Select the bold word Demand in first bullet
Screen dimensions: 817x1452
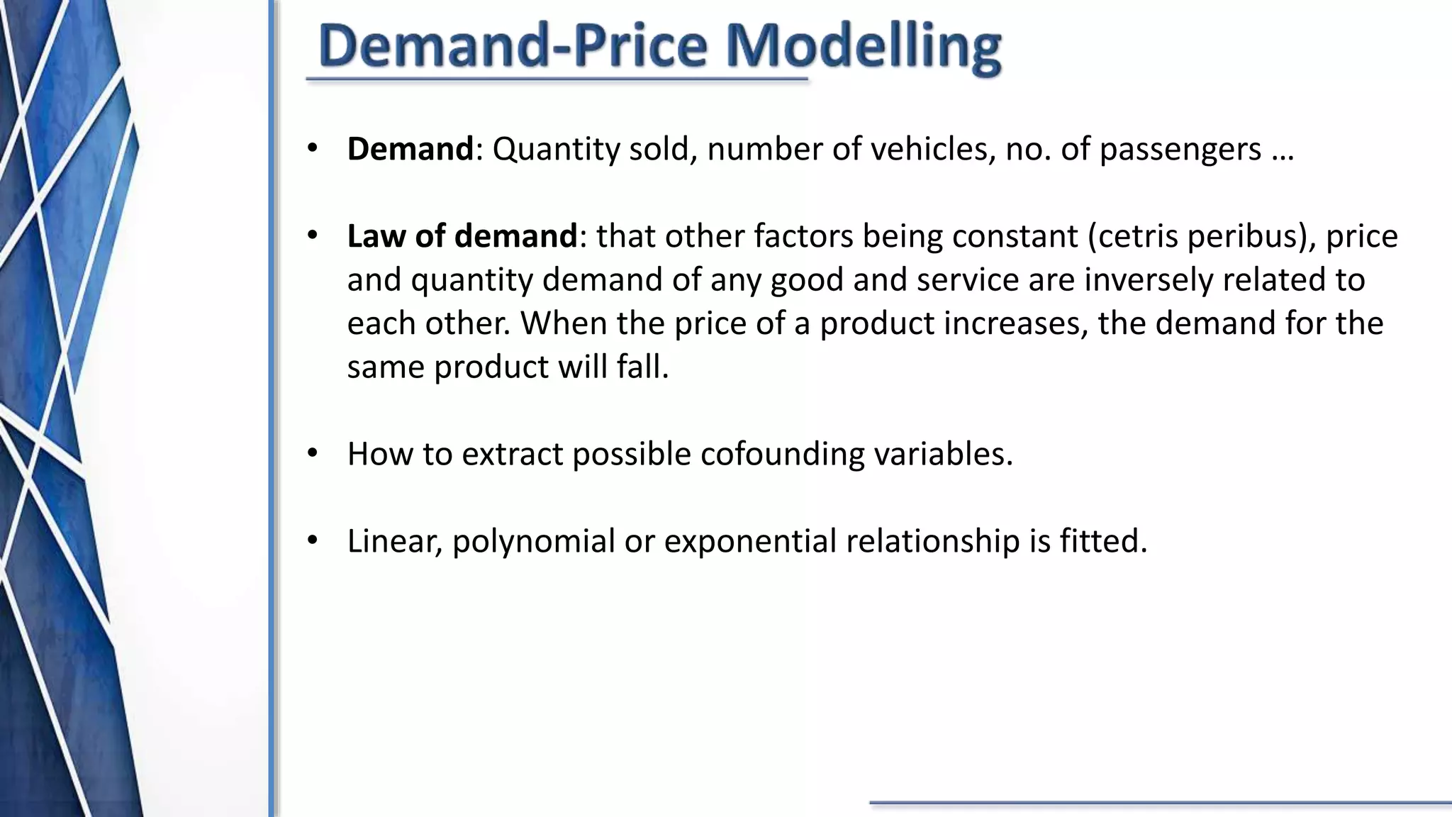click(410, 149)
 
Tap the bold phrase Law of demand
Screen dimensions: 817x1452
click(462, 236)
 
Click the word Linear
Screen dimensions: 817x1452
click(395, 541)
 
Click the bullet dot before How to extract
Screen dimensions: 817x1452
click(313, 454)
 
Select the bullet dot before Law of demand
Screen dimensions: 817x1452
click(313, 236)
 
